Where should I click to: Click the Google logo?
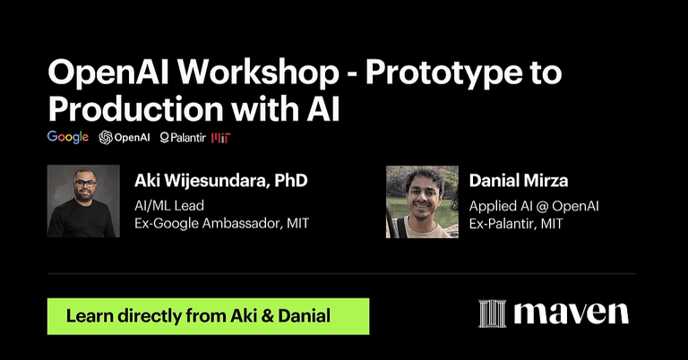68,137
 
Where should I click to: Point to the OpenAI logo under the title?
125,137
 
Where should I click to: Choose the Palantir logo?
182,138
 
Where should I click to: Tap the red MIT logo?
220,138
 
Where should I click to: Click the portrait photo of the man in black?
83,201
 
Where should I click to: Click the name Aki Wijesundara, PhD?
220,181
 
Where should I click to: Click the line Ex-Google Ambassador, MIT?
221,223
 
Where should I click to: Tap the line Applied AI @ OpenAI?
534,205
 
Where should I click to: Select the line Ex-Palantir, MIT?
516,223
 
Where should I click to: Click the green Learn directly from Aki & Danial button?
208,316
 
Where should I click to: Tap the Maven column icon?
493,314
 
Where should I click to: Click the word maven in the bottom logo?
571,314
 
